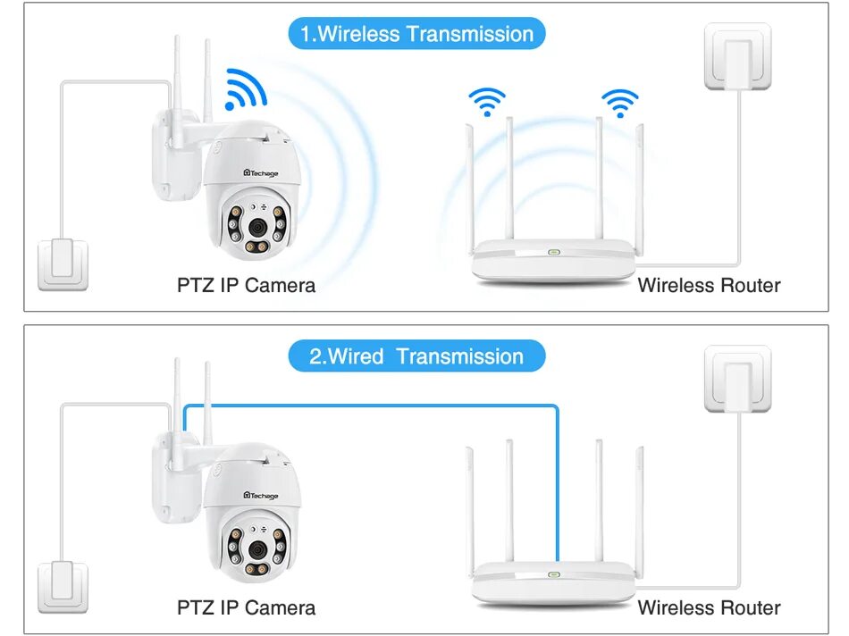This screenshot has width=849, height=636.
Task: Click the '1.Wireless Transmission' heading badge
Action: [x=416, y=34]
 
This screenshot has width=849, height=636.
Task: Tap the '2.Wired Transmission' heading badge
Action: [x=416, y=356]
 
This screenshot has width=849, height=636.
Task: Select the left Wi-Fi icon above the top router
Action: [x=487, y=101]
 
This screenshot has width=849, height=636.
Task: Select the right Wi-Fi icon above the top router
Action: [x=619, y=101]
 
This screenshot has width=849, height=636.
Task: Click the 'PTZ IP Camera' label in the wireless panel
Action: [x=246, y=286]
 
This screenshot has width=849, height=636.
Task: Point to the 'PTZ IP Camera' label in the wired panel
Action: [x=246, y=608]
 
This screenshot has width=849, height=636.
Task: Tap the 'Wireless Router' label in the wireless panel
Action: [x=709, y=286]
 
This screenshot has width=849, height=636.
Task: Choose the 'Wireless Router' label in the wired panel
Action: [x=709, y=608]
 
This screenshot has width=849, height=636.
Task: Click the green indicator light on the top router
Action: [x=554, y=252]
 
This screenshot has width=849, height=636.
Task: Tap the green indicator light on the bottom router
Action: [x=554, y=574]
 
